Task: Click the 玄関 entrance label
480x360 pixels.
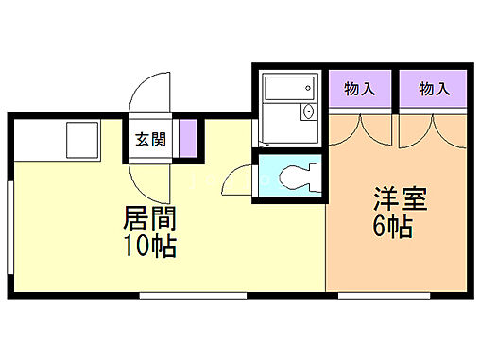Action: [x=150, y=140]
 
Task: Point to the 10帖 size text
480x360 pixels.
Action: [x=150, y=249]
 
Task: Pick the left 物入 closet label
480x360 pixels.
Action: [x=359, y=90]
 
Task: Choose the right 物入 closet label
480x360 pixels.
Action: [x=433, y=90]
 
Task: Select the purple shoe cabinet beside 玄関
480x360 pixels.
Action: [x=189, y=138]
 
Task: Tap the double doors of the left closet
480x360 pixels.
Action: [x=360, y=128]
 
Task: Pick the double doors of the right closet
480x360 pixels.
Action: [x=433, y=128]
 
